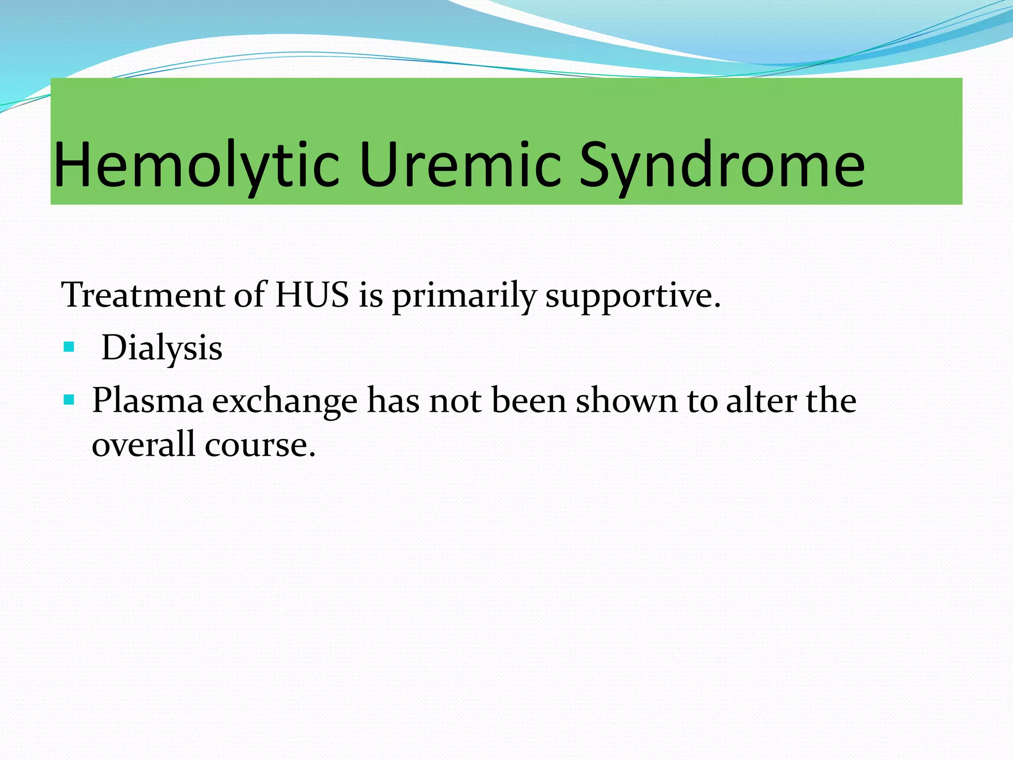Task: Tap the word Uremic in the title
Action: (460, 165)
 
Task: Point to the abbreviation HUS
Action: (312, 295)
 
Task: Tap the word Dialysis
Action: (162, 348)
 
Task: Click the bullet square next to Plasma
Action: (69, 399)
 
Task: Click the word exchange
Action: (284, 401)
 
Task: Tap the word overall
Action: (143, 444)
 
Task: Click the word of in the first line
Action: (250, 295)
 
